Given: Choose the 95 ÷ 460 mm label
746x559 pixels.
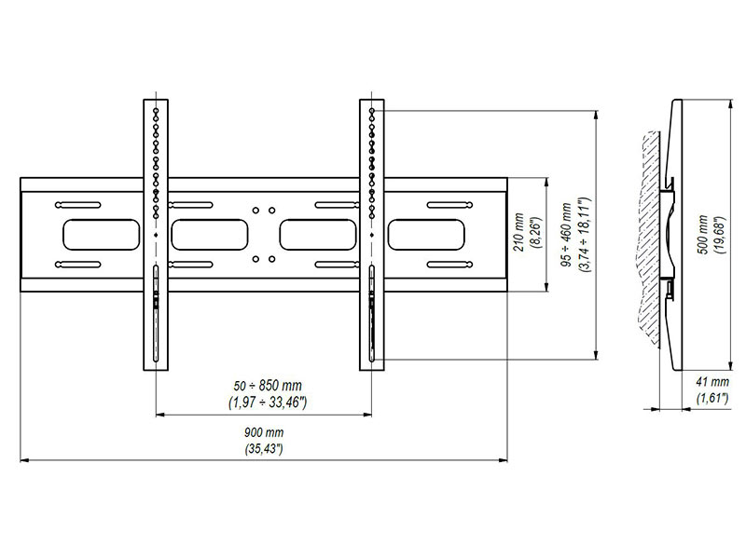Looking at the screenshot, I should click(x=567, y=235).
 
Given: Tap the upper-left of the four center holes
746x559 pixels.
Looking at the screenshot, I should click(x=256, y=210).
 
